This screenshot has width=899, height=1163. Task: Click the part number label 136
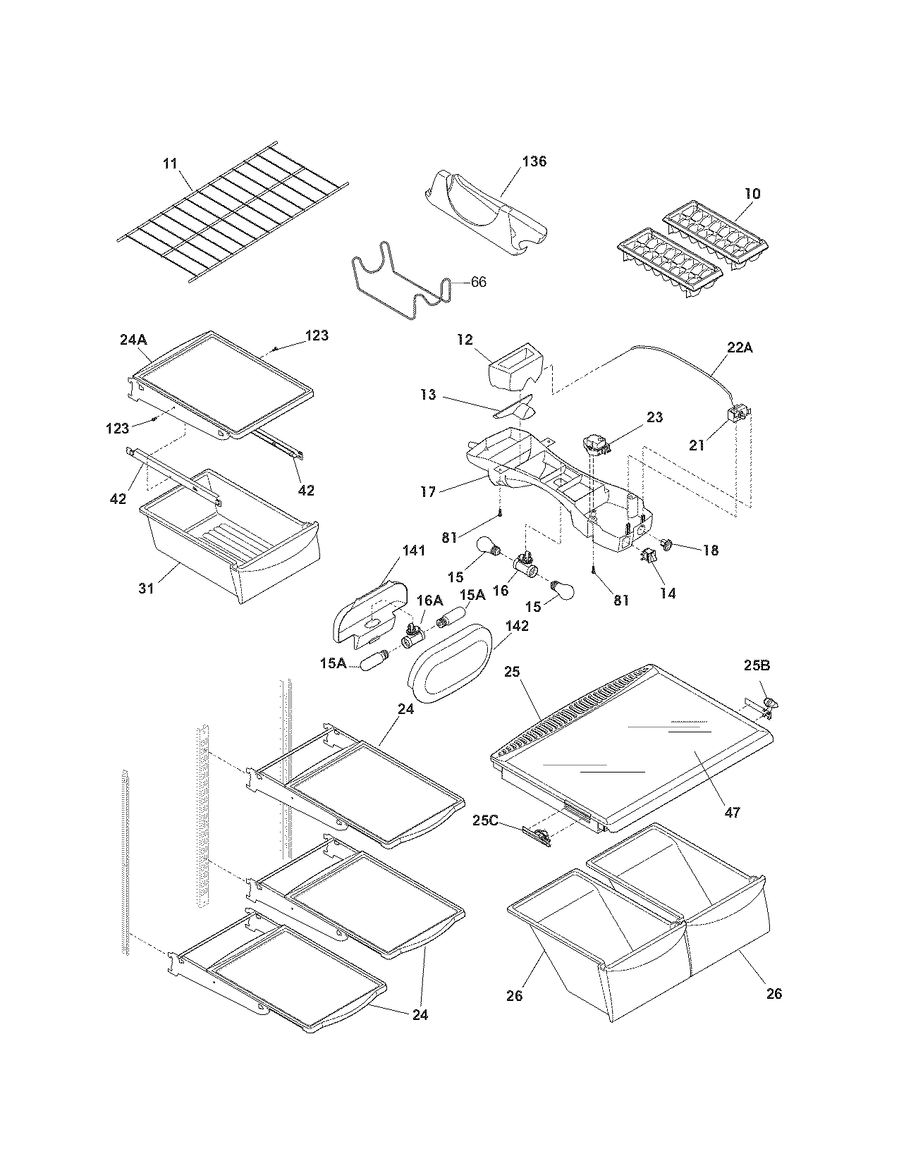click(x=534, y=161)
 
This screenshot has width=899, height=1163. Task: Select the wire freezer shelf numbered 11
click(x=233, y=215)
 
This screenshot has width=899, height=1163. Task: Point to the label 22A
click(x=740, y=348)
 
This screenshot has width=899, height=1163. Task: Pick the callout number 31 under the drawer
click(x=146, y=588)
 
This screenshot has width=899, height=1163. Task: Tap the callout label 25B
click(x=757, y=665)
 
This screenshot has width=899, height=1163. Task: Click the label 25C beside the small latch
click(x=487, y=820)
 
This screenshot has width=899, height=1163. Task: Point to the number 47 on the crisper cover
click(x=733, y=813)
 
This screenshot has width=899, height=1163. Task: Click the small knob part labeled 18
click(x=670, y=543)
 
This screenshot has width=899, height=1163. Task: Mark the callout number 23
click(x=654, y=417)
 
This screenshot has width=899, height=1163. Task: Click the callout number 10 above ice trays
click(x=752, y=193)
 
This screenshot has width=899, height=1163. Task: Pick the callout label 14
click(x=668, y=593)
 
